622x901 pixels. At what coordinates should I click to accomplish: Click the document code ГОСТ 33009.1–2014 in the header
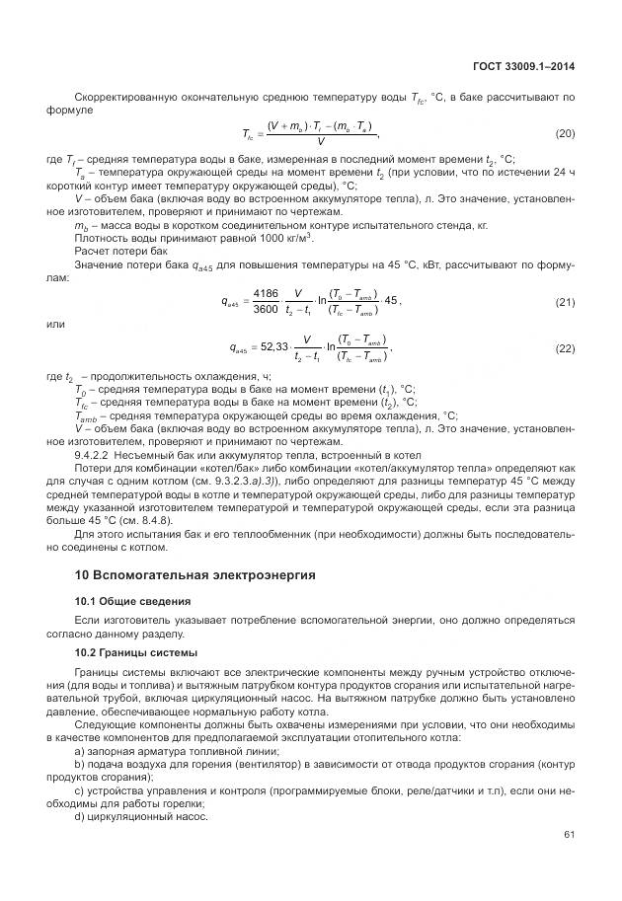(x=524, y=66)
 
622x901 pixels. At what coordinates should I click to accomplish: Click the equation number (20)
(x=565, y=132)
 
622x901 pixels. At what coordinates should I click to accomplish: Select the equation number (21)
(x=565, y=300)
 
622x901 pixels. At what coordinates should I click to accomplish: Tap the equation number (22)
(x=565, y=347)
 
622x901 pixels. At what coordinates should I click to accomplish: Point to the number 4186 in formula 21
(x=266, y=293)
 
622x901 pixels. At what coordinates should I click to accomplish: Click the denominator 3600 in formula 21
(x=266, y=309)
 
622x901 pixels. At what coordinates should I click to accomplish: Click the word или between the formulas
(x=55, y=323)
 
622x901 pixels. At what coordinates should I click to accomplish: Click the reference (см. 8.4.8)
(x=148, y=518)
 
